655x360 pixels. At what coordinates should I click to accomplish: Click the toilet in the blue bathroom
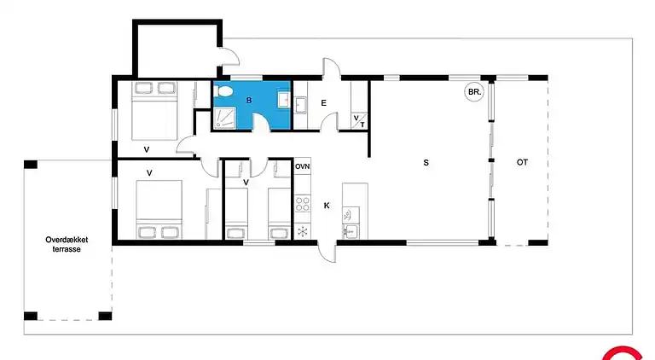222,90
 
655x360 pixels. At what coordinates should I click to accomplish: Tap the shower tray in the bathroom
225,118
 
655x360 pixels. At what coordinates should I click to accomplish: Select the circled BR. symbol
473,92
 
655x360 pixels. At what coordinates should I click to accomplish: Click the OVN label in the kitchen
303,166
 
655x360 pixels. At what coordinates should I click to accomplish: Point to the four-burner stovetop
303,204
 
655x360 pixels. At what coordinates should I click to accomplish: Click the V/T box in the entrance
359,121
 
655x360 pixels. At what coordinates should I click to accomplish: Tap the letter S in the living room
426,162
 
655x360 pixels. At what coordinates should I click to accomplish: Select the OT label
522,162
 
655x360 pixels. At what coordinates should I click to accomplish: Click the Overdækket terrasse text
67,244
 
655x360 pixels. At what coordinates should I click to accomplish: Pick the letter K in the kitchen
327,205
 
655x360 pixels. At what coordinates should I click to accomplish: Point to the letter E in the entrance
323,102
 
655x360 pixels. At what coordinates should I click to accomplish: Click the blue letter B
249,100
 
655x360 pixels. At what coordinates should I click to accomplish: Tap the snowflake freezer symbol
303,231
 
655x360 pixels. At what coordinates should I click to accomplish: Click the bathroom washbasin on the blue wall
284,100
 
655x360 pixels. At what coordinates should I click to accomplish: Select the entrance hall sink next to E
300,105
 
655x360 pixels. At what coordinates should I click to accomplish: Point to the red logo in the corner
623,353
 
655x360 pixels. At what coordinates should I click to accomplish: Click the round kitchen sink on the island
348,215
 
